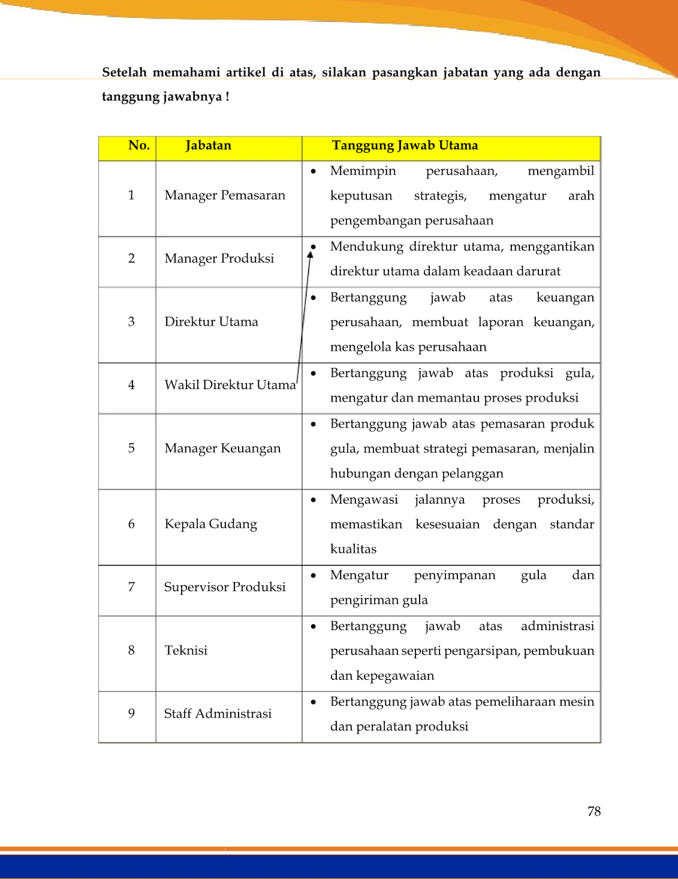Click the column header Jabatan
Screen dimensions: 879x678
tap(208, 146)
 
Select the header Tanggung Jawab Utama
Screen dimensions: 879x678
tap(405, 146)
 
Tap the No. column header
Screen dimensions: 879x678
tap(138, 146)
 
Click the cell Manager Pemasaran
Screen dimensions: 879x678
tap(225, 195)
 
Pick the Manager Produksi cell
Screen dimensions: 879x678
tap(219, 258)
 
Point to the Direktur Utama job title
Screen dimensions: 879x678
tap(211, 322)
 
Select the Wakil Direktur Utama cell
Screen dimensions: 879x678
tap(230, 385)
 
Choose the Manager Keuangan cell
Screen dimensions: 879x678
tap(222, 448)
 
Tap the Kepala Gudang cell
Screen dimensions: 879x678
tap(210, 524)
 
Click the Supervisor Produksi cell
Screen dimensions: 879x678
tap(225, 587)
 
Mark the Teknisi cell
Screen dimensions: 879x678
tap(186, 651)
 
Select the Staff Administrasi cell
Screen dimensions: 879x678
tap(218, 714)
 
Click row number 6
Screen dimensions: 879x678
tap(131, 524)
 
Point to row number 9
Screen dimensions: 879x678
tap(131, 714)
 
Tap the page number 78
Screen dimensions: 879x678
tap(593, 811)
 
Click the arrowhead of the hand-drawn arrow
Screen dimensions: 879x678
tap(310, 255)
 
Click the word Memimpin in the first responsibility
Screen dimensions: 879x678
tap(363, 171)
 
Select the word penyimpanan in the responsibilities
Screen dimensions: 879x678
tap(454, 576)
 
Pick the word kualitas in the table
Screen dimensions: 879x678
tap(353, 549)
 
